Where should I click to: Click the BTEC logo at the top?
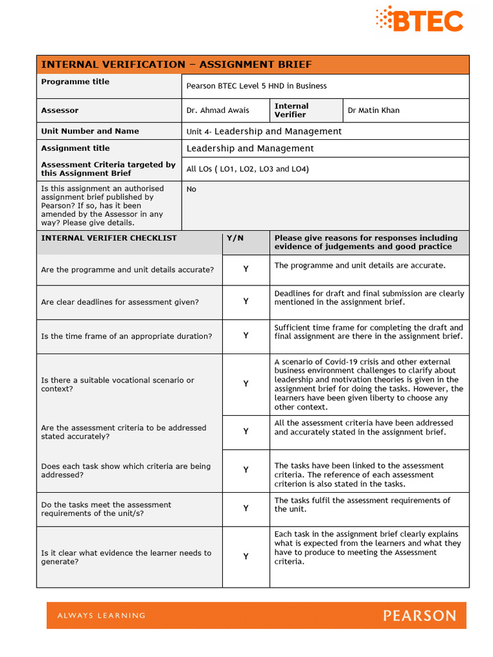[x=419, y=19]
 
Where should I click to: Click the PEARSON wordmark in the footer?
[x=419, y=616]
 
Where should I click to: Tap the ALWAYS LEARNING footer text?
[x=101, y=616]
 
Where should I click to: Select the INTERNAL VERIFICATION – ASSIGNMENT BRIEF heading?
[x=177, y=64]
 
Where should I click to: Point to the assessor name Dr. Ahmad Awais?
[x=218, y=110]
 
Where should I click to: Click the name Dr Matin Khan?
[x=373, y=110]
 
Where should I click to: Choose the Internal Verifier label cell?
[x=291, y=110]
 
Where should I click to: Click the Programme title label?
[x=75, y=82]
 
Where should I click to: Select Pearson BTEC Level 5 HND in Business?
[x=256, y=86]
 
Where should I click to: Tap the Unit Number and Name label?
[x=90, y=131]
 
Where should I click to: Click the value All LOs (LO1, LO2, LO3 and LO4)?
[x=247, y=169]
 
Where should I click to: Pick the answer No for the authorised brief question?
[x=191, y=189]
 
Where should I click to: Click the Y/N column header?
[x=235, y=238]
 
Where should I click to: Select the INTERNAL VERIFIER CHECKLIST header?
[x=108, y=238]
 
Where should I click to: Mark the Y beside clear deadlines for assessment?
[x=246, y=302]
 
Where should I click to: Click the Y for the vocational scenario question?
[x=246, y=384]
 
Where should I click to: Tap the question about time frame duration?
[x=126, y=336]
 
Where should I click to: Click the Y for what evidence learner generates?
[x=246, y=557]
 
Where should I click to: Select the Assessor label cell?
[x=60, y=110]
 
